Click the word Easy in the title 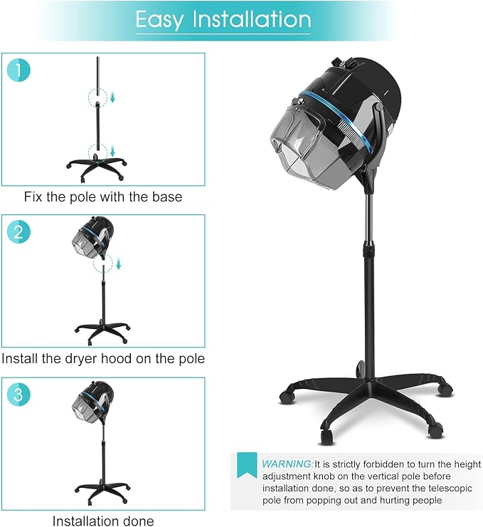click(x=159, y=19)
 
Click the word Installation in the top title click(x=252, y=19)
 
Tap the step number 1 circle click(x=18, y=71)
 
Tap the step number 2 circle click(x=18, y=232)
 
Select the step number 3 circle click(x=18, y=395)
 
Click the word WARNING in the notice click(x=287, y=464)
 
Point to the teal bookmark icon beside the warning click(x=247, y=465)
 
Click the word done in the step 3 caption click(x=137, y=521)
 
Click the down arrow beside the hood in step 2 click(x=119, y=264)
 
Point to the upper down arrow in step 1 click(x=113, y=97)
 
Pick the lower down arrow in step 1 click(x=113, y=150)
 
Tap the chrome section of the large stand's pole click(x=370, y=219)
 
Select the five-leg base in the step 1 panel click(x=97, y=167)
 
